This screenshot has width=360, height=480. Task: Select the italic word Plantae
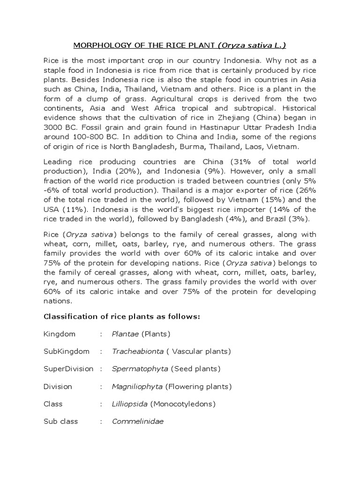pyautogui.click(x=125, y=334)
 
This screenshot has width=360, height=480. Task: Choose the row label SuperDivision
pyautogui.click(x=68, y=369)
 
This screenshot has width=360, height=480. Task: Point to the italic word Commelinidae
pyautogui.click(x=138, y=421)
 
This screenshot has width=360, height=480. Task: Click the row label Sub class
pyautogui.click(x=61, y=421)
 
